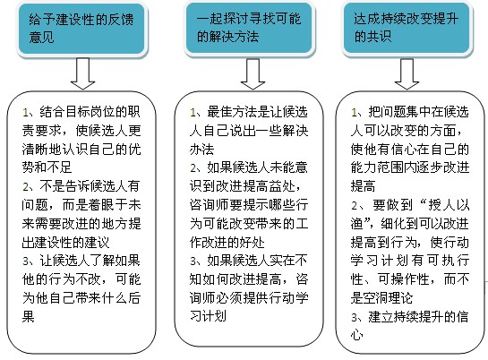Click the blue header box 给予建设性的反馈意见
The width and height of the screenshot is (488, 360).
(x=81, y=29)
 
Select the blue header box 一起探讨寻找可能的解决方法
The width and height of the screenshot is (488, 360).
(x=249, y=29)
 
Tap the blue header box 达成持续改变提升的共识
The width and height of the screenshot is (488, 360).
(x=407, y=29)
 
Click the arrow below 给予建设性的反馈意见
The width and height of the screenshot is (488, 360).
(x=82, y=73)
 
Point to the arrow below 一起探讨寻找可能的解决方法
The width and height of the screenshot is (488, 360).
(x=253, y=73)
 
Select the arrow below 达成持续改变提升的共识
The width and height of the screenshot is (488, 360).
(x=407, y=73)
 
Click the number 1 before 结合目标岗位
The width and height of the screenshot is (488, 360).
(x=26, y=112)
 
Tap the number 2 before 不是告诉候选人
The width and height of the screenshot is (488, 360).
(x=26, y=186)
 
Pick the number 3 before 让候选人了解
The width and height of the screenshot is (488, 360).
(x=26, y=261)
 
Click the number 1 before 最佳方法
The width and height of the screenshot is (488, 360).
(x=193, y=112)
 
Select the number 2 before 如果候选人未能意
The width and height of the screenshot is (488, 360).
(x=193, y=168)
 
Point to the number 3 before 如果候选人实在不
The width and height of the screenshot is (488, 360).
(x=193, y=261)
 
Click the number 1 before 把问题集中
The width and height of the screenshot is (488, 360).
(x=355, y=112)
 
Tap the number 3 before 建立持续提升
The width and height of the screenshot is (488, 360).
(x=355, y=317)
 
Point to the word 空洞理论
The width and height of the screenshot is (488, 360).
(x=388, y=298)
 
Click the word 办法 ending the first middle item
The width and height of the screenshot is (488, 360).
(x=202, y=150)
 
